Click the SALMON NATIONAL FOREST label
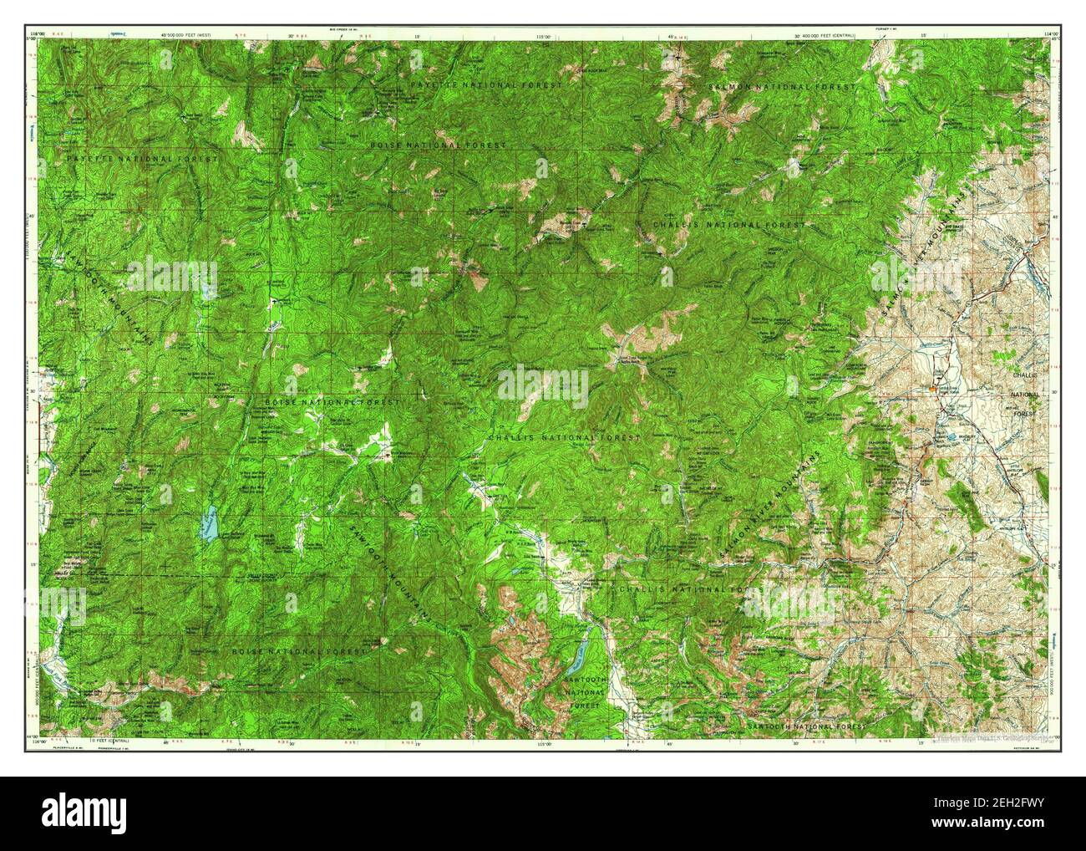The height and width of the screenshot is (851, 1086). [782, 86]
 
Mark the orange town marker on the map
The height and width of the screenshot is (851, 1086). [932, 389]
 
